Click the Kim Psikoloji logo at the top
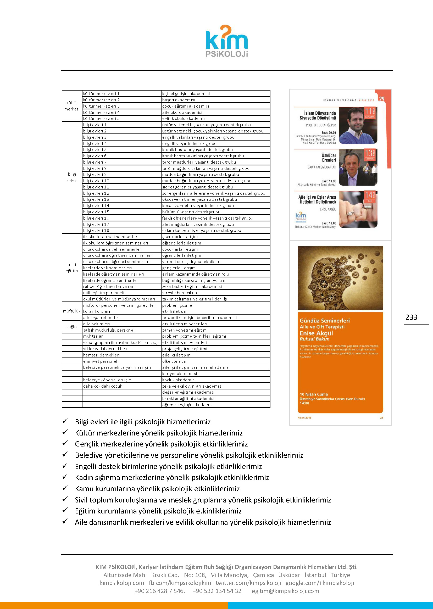click(227, 41)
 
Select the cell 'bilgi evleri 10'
click(96, 181)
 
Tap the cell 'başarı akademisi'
click(178, 100)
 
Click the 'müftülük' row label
click(72, 311)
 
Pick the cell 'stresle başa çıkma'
click(180, 293)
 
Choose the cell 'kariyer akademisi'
click(179, 374)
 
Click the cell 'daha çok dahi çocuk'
click(103, 386)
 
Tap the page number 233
click(411, 317)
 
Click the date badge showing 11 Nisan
click(370, 113)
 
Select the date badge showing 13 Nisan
click(370, 154)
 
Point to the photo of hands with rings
click(358, 209)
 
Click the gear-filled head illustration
click(340, 277)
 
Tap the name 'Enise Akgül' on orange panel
click(316, 333)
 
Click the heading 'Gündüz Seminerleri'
click(324, 321)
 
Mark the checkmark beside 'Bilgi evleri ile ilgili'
click(65, 421)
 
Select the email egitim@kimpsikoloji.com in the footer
click(285, 591)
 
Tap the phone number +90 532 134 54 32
click(216, 591)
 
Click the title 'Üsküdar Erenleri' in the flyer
click(329, 158)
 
